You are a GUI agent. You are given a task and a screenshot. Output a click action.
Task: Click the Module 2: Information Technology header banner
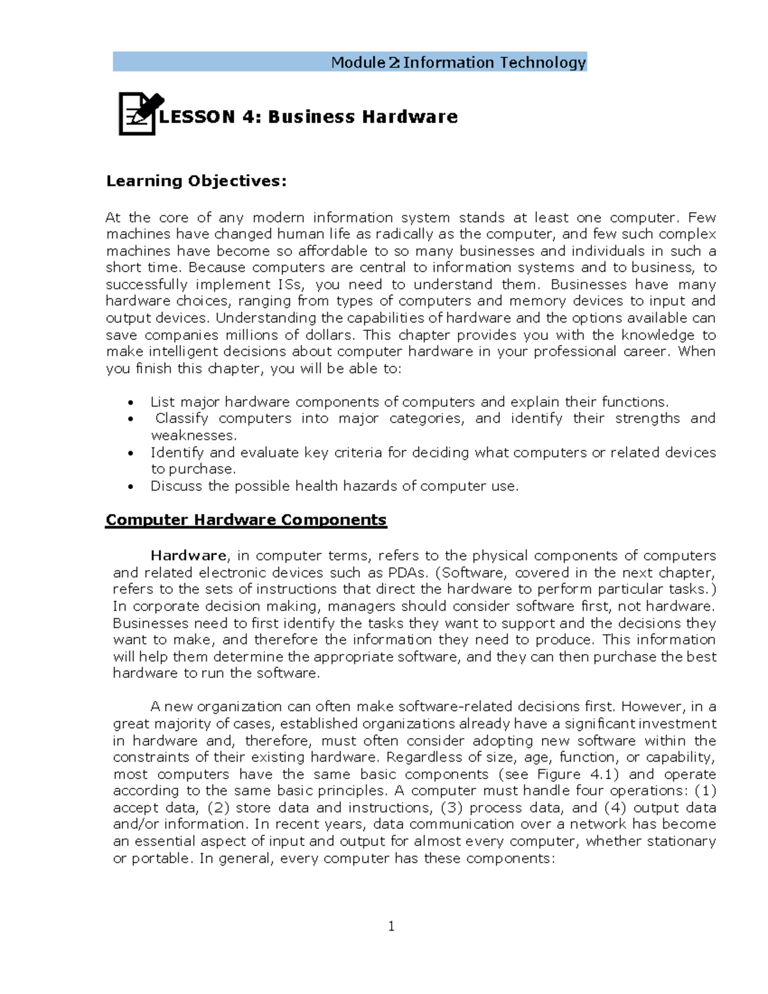[349, 62]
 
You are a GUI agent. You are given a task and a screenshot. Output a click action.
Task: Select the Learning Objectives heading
[196, 181]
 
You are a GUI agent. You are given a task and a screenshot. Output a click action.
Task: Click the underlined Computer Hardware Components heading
[246, 520]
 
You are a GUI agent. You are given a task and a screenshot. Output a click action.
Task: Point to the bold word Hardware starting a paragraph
[188, 556]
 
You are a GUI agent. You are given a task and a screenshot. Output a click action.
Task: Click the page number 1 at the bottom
[391, 926]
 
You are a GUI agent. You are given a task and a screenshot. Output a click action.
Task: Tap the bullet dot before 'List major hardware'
[131, 403]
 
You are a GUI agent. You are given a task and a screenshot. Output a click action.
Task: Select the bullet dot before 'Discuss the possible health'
[131, 487]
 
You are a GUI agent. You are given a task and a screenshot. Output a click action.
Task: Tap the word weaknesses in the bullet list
[193, 435]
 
